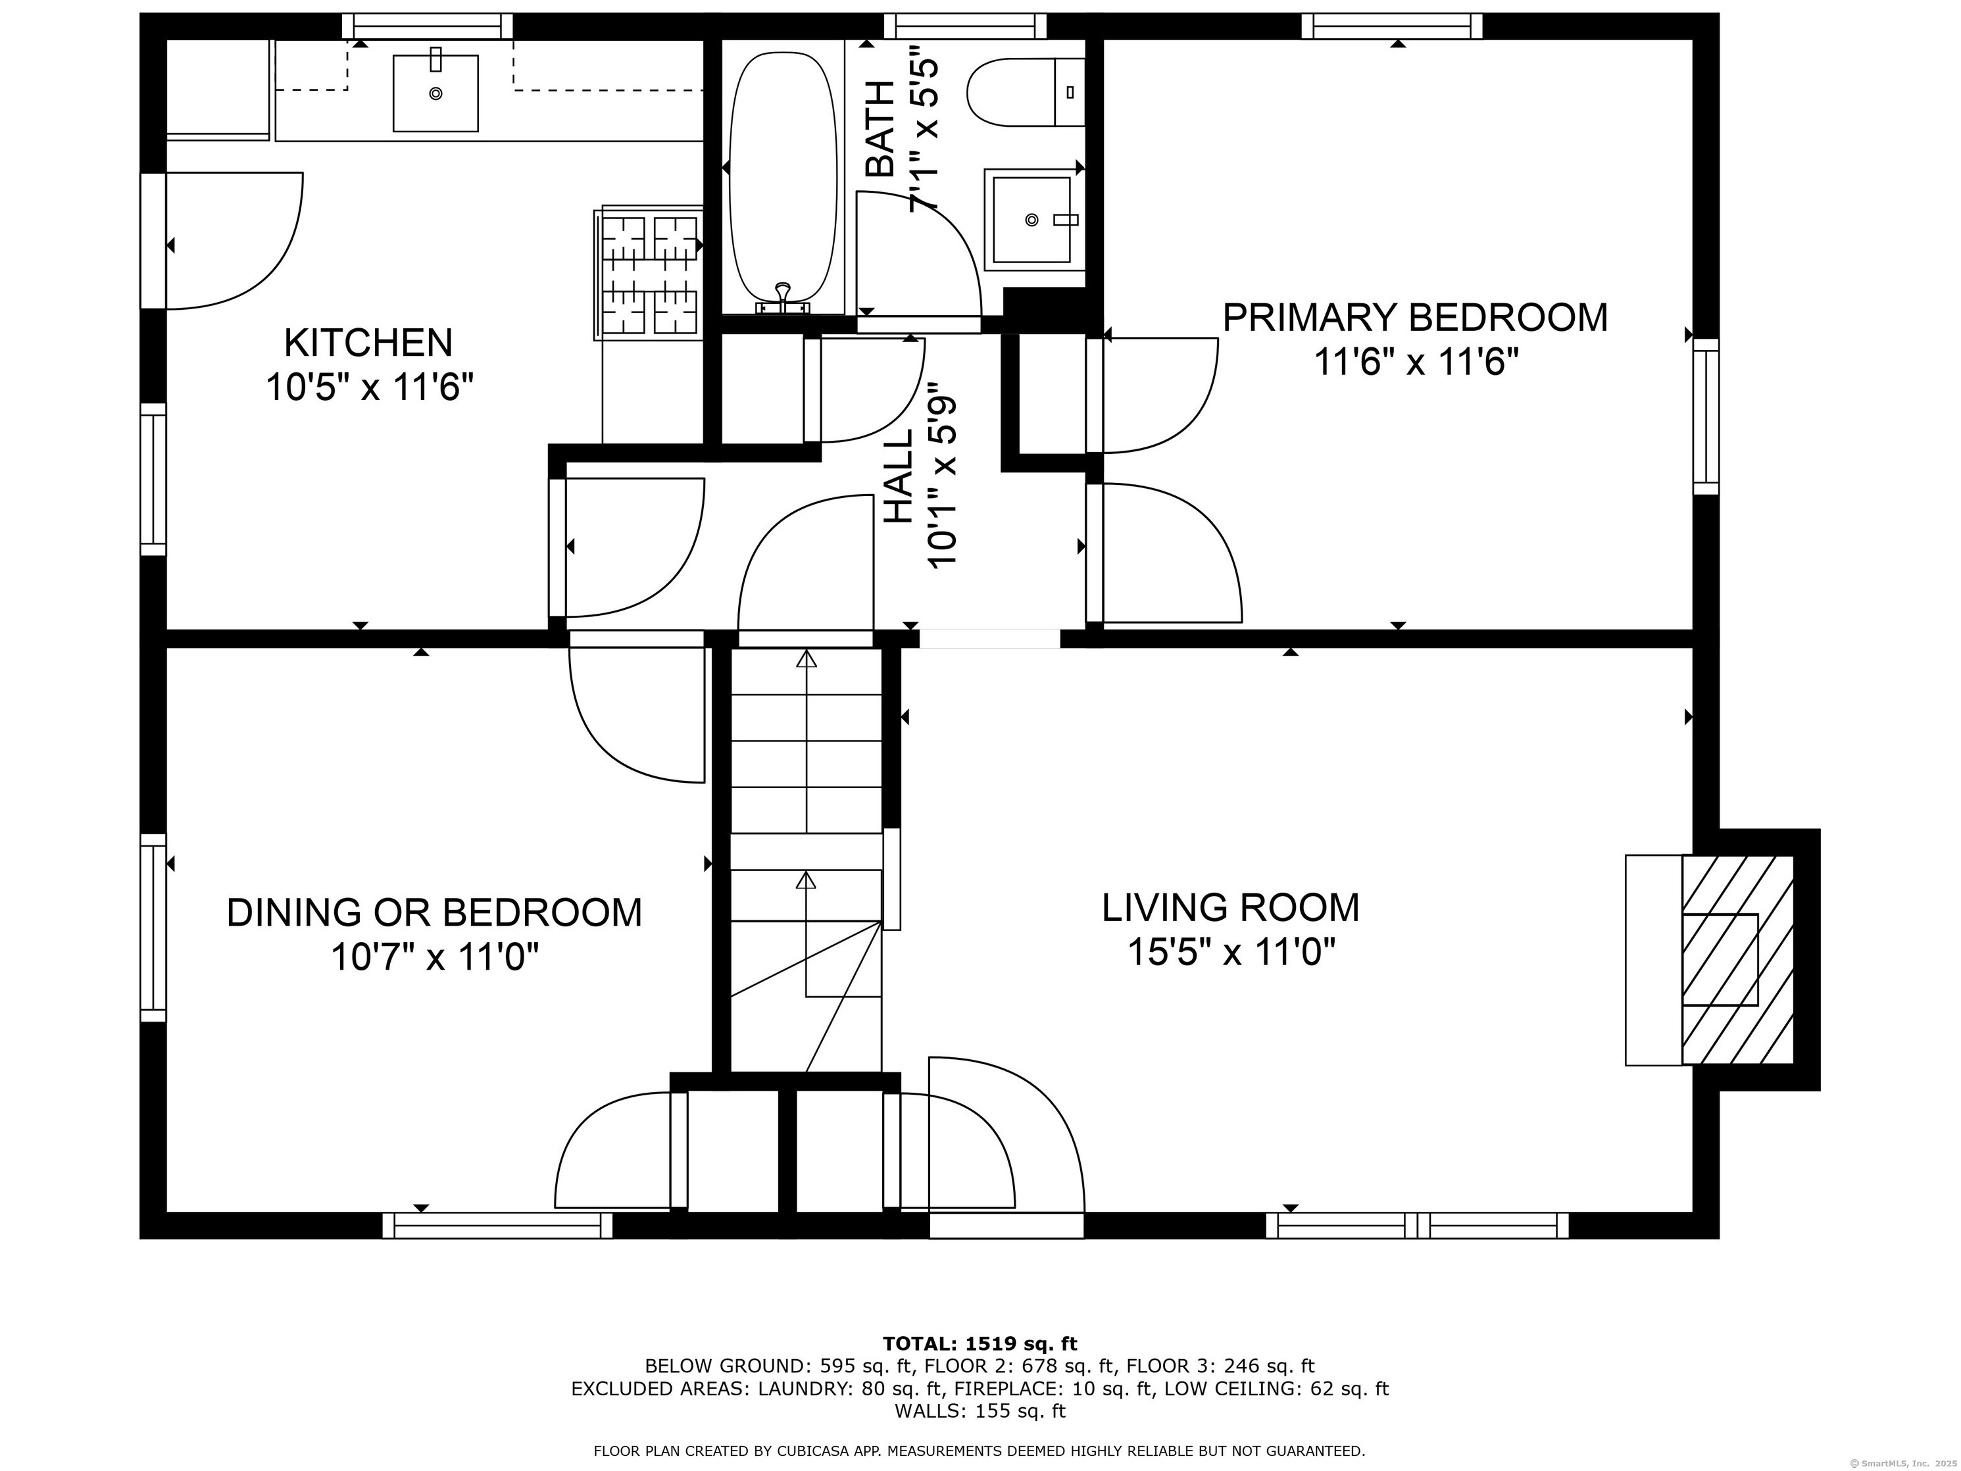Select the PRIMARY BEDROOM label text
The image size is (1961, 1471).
click(1415, 318)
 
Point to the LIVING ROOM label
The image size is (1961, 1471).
click(1231, 907)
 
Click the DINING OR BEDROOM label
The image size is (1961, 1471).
click(434, 912)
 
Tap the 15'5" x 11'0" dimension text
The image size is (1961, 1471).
click(1231, 953)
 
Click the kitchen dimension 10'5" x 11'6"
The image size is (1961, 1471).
click(370, 387)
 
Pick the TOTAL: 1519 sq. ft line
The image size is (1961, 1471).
click(980, 1344)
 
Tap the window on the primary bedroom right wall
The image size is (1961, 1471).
click(1706, 416)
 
